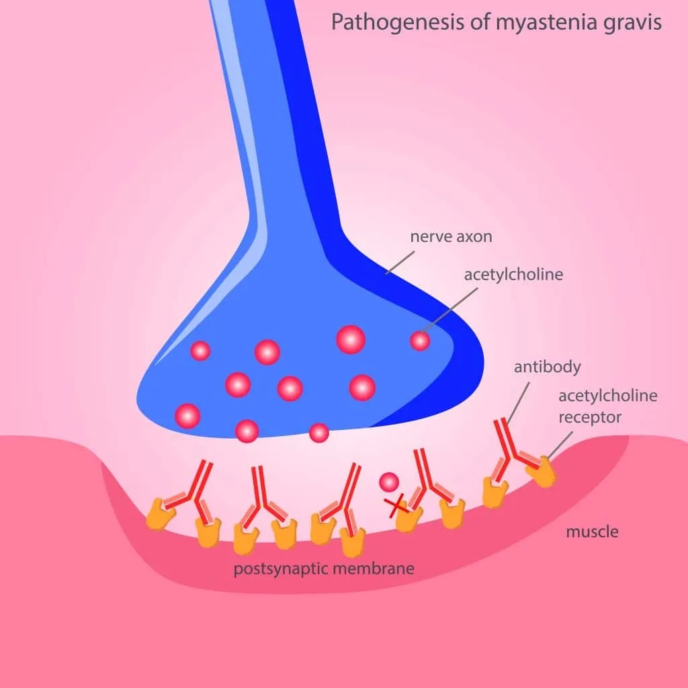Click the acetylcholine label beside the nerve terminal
513,275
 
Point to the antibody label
547,367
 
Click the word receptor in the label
590,417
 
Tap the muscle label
591,532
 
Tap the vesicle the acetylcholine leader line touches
420,341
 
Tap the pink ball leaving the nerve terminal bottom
319,433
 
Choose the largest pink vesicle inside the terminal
351,339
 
